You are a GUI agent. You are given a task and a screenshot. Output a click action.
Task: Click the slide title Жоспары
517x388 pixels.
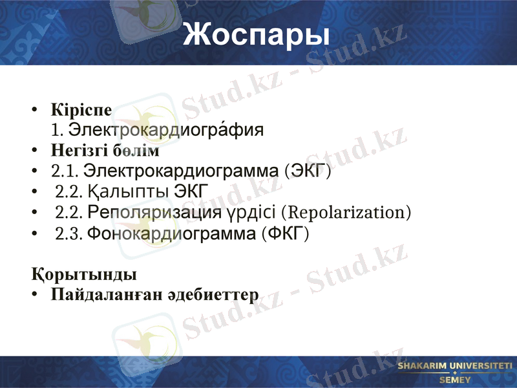pyautogui.click(x=256, y=34)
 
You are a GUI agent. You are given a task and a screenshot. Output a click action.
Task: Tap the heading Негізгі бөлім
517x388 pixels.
pyautogui.click(x=105, y=151)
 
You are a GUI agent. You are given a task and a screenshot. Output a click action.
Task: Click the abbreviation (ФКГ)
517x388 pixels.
pyautogui.click(x=285, y=233)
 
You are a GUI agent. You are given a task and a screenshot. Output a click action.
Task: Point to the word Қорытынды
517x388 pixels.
pyautogui.click(x=84, y=274)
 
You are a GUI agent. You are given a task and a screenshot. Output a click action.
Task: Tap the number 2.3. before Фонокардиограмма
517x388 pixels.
pyautogui.click(x=69, y=233)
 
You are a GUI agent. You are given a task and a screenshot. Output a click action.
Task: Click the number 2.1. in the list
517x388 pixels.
pyautogui.click(x=64, y=171)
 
